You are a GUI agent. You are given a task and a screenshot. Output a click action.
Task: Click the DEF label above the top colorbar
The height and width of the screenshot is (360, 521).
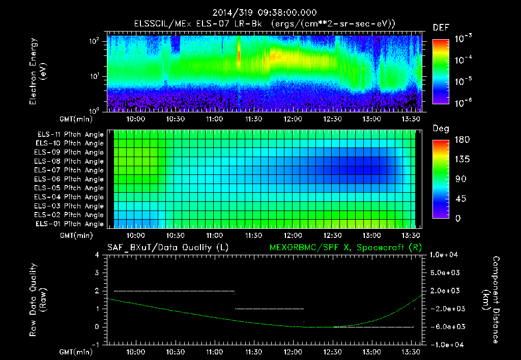(x=440, y=27)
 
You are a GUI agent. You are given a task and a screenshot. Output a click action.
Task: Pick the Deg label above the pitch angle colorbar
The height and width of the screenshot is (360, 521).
(x=440, y=129)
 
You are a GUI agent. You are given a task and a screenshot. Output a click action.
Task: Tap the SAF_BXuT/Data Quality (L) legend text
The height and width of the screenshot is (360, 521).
(x=167, y=248)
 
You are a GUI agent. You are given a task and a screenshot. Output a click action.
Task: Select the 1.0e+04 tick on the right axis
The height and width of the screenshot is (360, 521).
(x=445, y=255)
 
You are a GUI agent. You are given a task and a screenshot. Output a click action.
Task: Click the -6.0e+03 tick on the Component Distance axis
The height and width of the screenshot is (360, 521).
(x=445, y=327)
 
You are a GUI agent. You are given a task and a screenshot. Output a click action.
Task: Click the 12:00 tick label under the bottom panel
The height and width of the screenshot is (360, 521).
(x=293, y=351)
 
